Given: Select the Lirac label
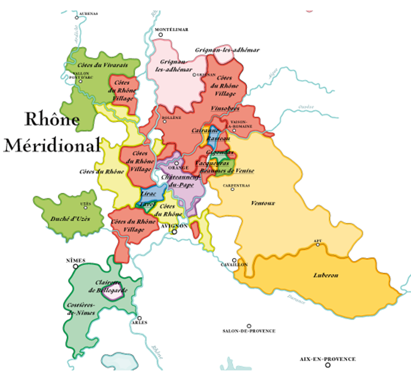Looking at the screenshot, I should [x=149, y=195].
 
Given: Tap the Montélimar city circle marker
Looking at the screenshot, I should [x=160, y=35].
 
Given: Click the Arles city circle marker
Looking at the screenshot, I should [x=139, y=318].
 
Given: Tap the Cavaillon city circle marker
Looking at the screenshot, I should [x=236, y=260].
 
